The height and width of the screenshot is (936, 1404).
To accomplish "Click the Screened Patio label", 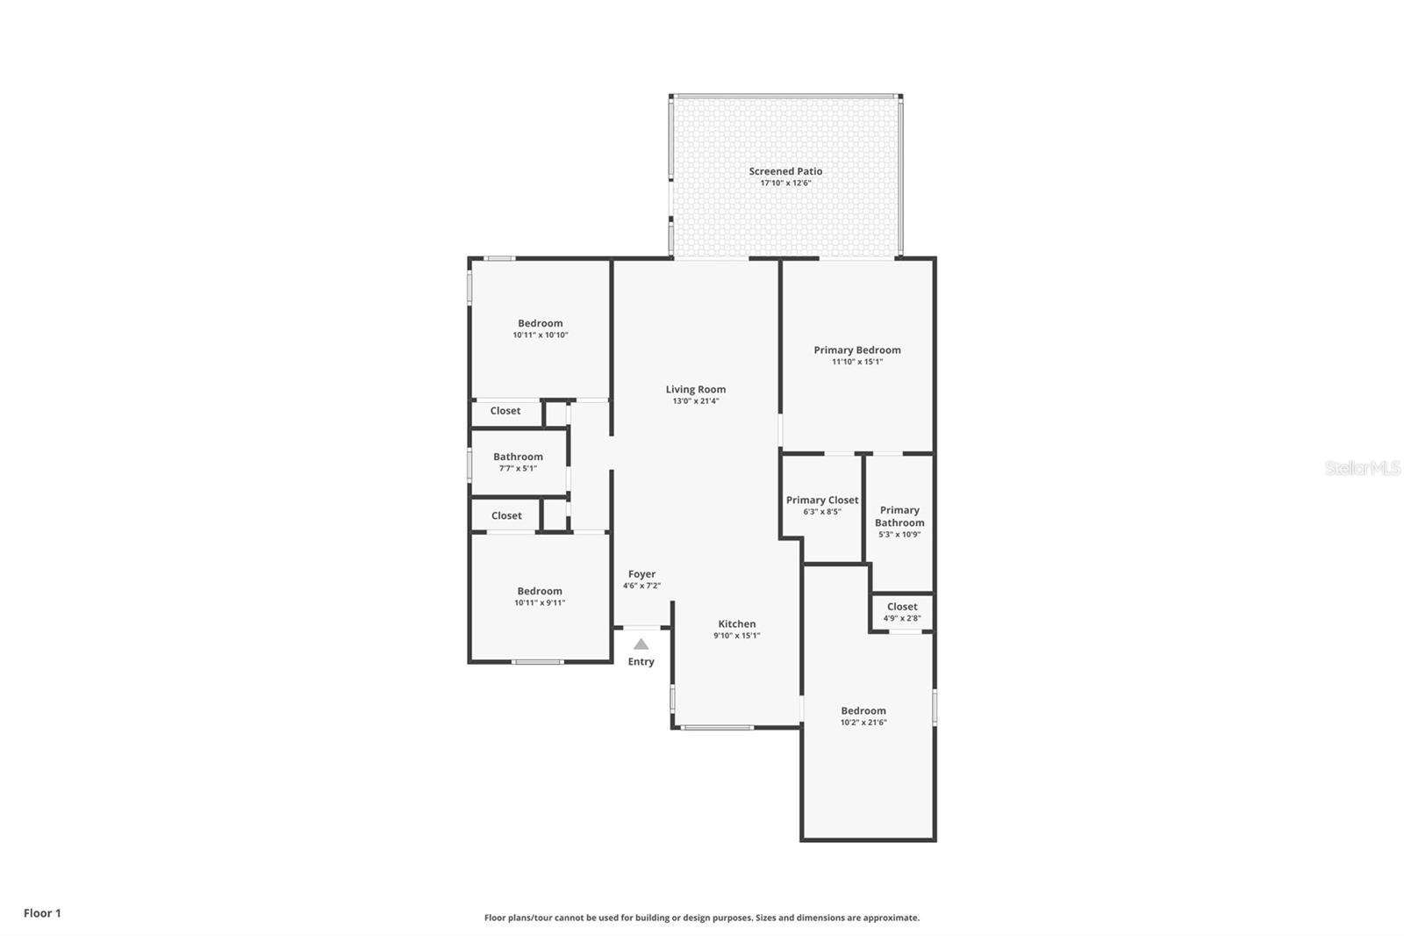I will click(x=785, y=171).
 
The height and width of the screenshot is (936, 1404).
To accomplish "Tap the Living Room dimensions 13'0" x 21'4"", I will click(x=696, y=401).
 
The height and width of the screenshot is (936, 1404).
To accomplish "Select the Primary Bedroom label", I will click(x=856, y=349).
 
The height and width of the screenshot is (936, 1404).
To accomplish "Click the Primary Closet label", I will click(x=822, y=500).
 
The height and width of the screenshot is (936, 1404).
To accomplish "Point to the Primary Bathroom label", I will click(x=899, y=516).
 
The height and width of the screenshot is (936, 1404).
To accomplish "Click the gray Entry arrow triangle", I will click(x=641, y=644).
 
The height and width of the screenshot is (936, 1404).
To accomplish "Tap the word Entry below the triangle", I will click(x=641, y=662).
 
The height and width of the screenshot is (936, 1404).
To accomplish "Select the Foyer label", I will click(x=641, y=574).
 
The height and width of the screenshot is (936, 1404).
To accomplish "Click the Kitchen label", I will click(x=737, y=624).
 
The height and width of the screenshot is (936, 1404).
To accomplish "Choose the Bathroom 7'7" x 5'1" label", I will click(x=518, y=457).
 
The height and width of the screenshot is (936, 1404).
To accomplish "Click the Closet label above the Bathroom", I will click(x=505, y=411).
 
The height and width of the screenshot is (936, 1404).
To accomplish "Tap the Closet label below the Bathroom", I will click(x=506, y=515).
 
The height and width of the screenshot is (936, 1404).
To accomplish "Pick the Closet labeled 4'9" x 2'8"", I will click(x=902, y=607).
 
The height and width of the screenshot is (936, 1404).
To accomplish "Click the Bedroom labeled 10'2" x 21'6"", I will click(x=863, y=711).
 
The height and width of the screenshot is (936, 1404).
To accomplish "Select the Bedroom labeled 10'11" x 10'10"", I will click(x=540, y=323).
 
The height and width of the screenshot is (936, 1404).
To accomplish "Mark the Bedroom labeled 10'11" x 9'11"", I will click(x=540, y=591).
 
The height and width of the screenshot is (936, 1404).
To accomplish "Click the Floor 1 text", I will click(x=42, y=913).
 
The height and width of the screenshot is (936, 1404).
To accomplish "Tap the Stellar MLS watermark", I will click(x=1362, y=469).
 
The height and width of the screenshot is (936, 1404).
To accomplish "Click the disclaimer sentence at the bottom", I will click(x=702, y=918).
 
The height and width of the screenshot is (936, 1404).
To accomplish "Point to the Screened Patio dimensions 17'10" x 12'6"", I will click(x=785, y=184).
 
